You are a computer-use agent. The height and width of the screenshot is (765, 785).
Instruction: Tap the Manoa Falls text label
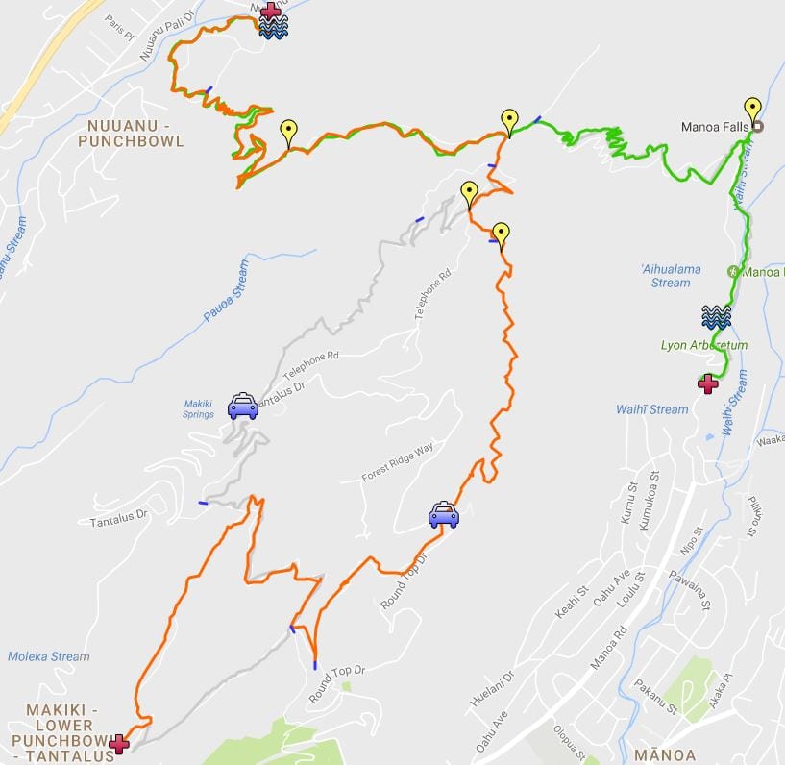[x=715, y=126]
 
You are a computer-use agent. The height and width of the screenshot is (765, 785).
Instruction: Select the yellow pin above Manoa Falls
[x=752, y=110]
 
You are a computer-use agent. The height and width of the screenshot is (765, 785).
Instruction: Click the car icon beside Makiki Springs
[x=242, y=407]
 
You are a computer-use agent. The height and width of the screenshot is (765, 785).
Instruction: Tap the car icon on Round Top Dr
[x=443, y=515]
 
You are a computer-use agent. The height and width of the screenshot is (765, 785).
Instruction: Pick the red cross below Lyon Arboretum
[x=708, y=383]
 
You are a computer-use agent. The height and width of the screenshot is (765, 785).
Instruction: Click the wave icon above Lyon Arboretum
[x=716, y=316]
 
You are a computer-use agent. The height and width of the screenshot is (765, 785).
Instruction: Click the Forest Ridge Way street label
[x=398, y=462]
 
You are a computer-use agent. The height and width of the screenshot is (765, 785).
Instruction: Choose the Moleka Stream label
[x=48, y=656]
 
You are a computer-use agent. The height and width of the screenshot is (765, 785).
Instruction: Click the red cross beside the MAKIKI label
[x=119, y=743]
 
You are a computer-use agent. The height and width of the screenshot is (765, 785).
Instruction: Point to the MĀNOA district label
[x=665, y=754]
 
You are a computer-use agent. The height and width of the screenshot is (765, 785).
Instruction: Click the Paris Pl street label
[x=118, y=19]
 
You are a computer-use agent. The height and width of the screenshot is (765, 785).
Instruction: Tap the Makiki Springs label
[x=199, y=408]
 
